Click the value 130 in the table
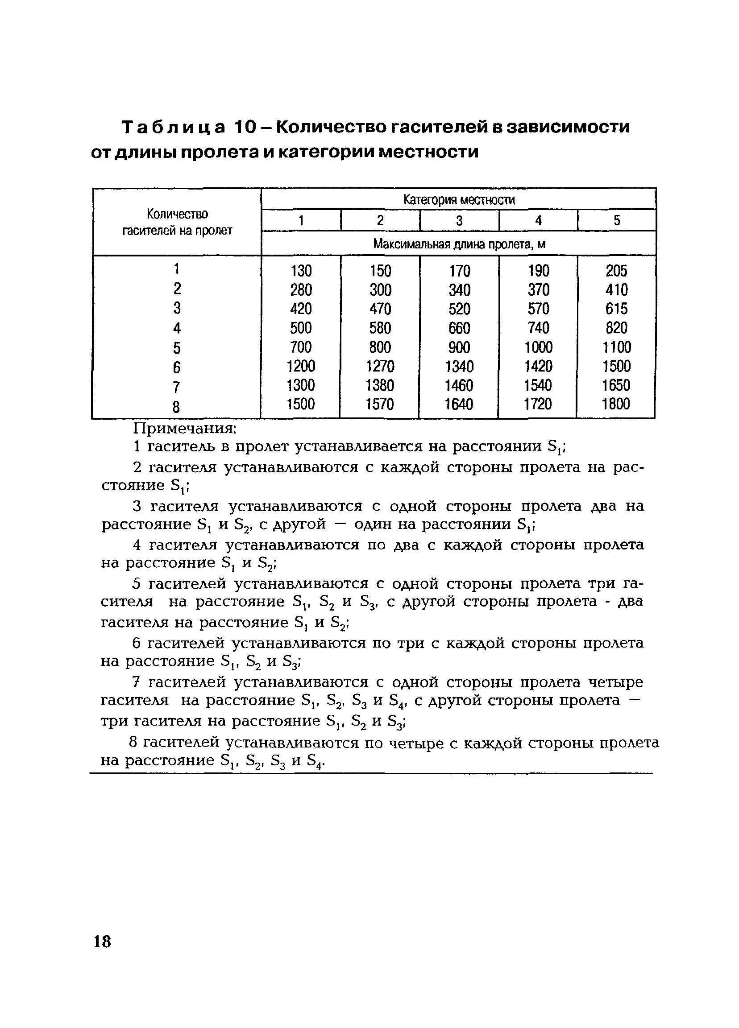coord(301,271)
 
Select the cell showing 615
coord(616,309)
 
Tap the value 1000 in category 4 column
coord(538,348)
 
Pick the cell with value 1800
coord(615,404)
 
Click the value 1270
coord(380,366)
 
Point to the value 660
coord(459,328)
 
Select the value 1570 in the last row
coord(380,404)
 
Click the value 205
coord(616,271)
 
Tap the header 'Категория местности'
coord(459,200)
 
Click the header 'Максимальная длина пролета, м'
coord(459,244)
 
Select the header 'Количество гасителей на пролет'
coord(177,222)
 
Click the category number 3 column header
coord(459,221)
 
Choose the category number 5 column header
coord(617,221)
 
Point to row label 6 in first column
coord(176,367)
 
